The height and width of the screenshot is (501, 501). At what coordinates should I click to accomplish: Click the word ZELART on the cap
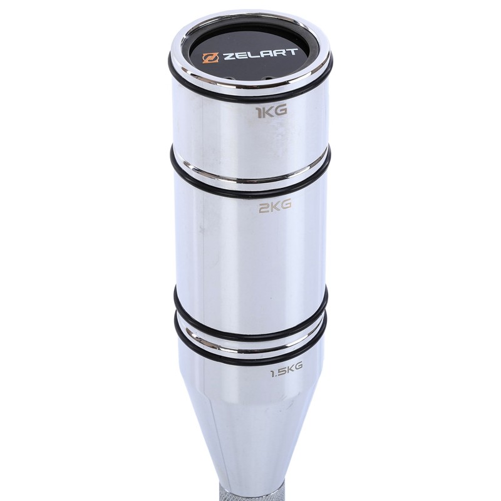(x=260, y=55)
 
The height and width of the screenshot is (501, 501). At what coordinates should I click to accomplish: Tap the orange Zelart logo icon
(x=210, y=58)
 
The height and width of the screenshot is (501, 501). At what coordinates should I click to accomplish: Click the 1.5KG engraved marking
(x=286, y=370)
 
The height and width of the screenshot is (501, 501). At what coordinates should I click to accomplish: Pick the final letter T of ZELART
(x=292, y=53)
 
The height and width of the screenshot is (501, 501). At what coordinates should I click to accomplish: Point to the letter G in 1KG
(x=281, y=111)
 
